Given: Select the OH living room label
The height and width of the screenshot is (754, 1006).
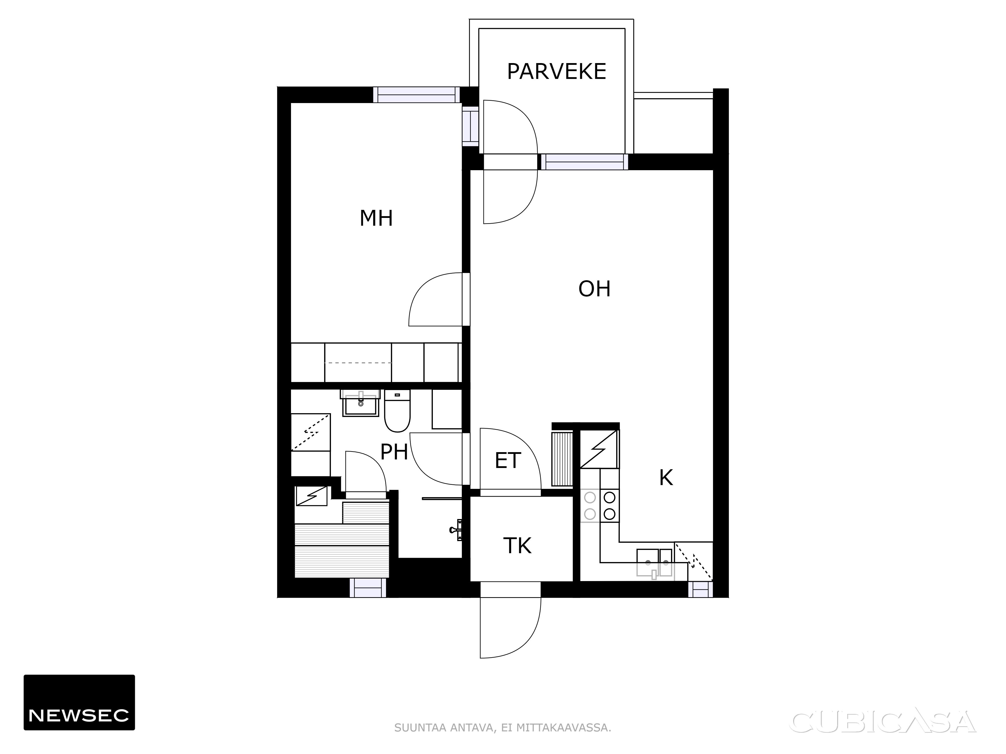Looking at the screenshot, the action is coord(594,289).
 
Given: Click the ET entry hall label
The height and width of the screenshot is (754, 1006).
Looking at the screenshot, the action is coord(508,461).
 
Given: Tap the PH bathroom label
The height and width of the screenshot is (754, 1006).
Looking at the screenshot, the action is coord(394,452).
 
